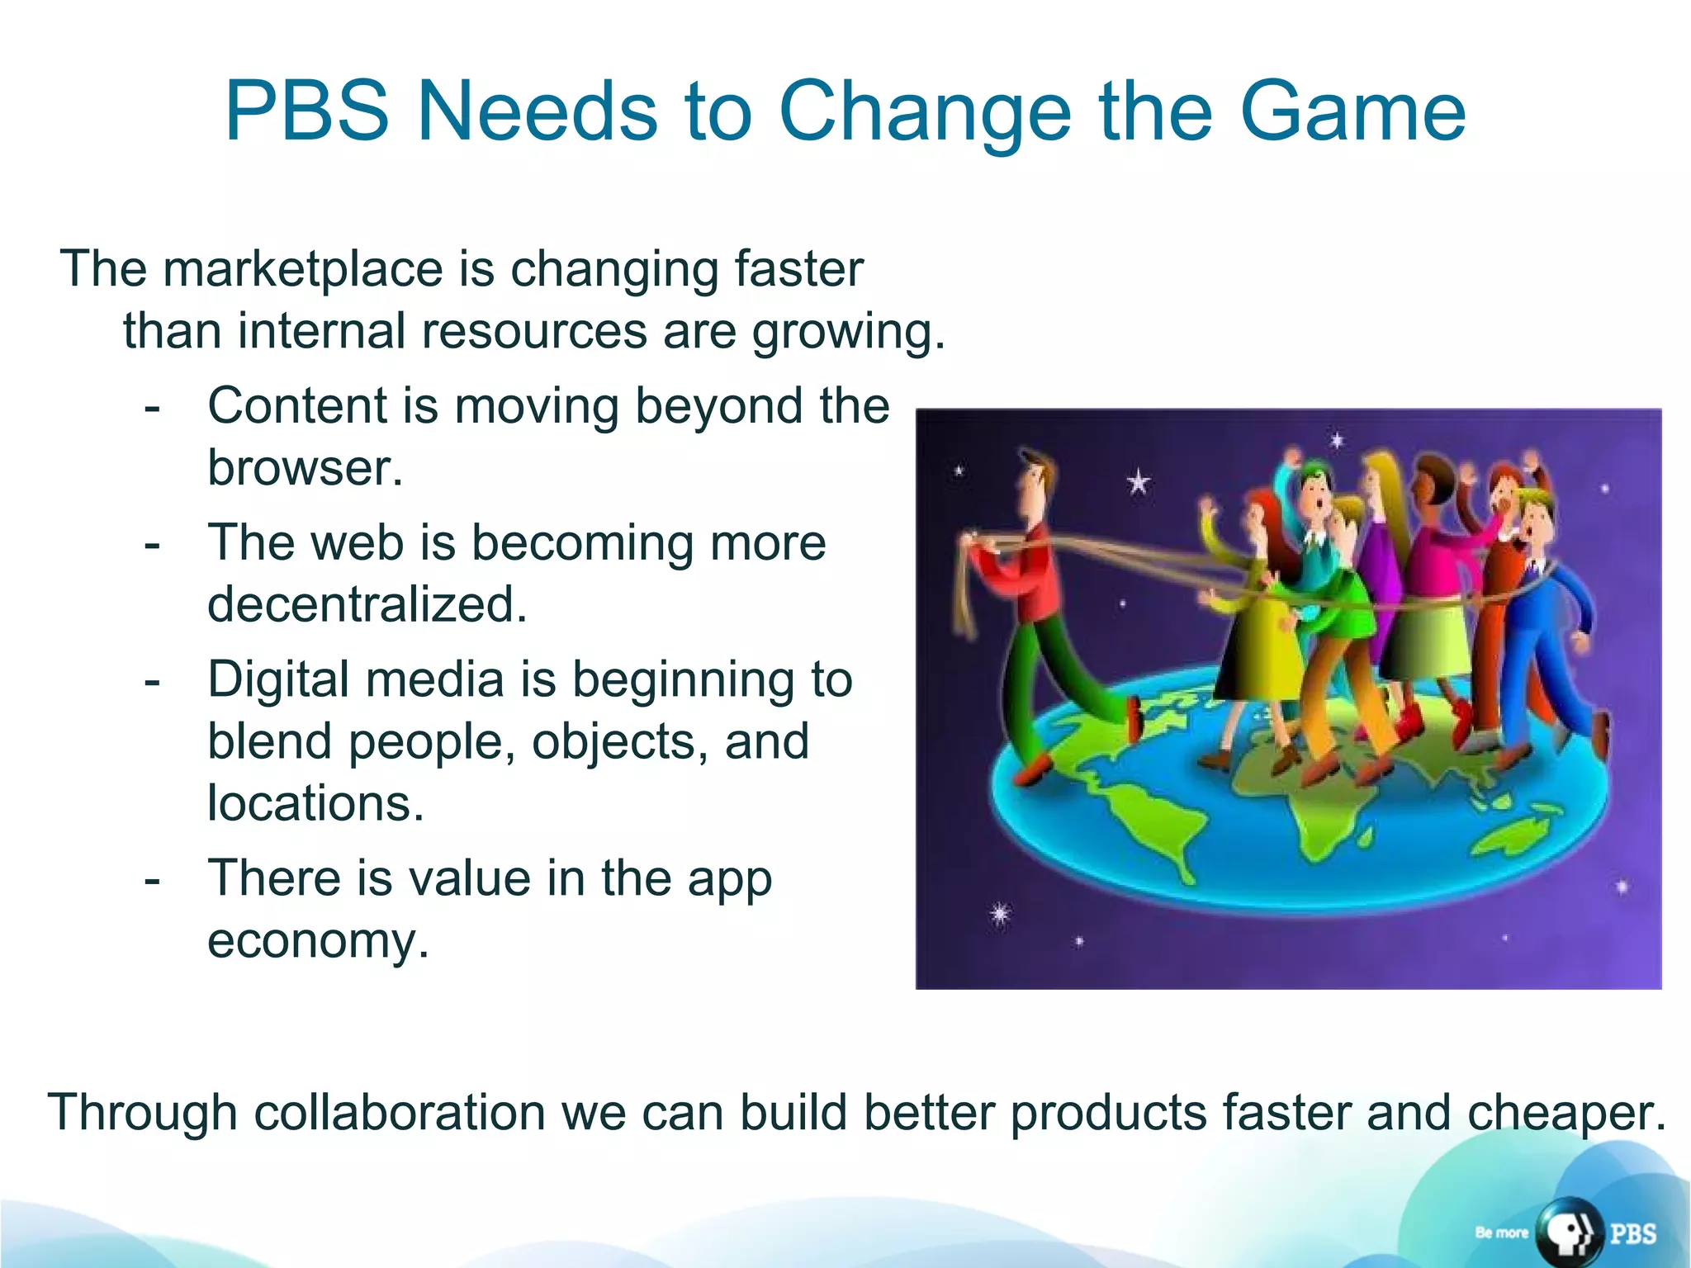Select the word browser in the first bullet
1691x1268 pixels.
pyautogui.click(x=305, y=468)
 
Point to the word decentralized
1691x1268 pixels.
pyautogui.click(x=367, y=604)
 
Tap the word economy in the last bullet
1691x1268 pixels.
pyautogui.click(x=318, y=940)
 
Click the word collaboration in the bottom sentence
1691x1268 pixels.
pyautogui.click(x=400, y=1112)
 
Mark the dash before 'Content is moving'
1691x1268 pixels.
pyautogui.click(x=152, y=408)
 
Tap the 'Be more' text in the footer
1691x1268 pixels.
pyautogui.click(x=1501, y=1233)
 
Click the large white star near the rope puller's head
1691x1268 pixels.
pyautogui.click(x=1138, y=481)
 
